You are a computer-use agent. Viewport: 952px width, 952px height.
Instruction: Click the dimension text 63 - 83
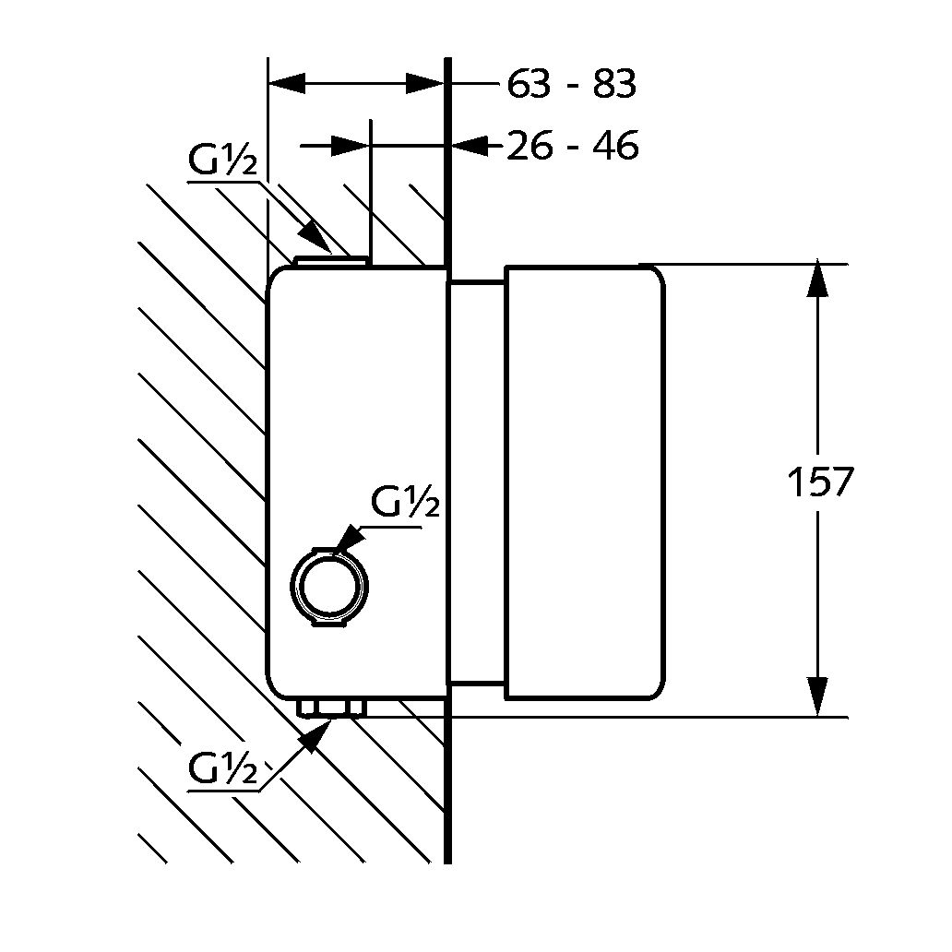tap(571, 85)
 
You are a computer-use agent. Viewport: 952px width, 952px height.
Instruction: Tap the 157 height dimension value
tap(819, 482)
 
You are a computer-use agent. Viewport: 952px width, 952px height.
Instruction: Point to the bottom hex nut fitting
tap(331, 708)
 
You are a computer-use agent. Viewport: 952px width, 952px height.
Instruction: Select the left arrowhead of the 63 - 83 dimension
tap(286, 84)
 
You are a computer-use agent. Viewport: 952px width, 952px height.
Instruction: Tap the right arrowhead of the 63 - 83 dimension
tap(426, 84)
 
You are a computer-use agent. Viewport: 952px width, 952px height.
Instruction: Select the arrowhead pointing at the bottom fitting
tap(316, 734)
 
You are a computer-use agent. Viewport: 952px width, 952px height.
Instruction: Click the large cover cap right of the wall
tap(584, 483)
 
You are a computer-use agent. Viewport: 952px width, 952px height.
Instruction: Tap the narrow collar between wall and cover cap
tap(476, 483)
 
